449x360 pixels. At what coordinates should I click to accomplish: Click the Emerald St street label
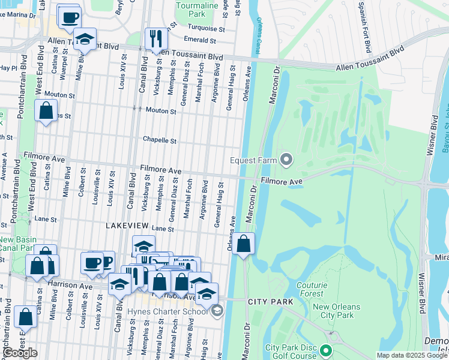(x=200, y=40)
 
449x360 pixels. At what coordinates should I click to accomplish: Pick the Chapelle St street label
(x=160, y=140)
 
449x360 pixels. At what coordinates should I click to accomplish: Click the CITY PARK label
(x=270, y=301)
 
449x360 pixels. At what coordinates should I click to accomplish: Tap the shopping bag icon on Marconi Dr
(x=243, y=244)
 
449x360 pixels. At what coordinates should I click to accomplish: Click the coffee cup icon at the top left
(x=69, y=16)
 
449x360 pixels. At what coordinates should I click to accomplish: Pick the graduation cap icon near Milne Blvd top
(x=85, y=39)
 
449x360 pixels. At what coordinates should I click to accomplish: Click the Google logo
(x=20, y=353)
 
